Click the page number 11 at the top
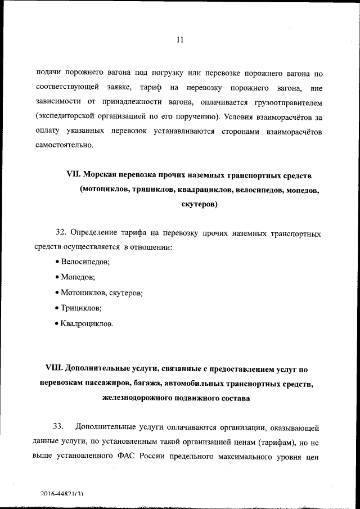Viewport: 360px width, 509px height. pos(180,39)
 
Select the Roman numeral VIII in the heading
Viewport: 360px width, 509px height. pos(54,369)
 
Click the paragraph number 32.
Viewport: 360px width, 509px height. pos(61,233)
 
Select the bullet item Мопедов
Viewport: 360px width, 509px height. pos(78,277)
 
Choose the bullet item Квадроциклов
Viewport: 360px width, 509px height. pos(87,324)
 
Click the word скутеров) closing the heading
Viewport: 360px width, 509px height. pos(199,205)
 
